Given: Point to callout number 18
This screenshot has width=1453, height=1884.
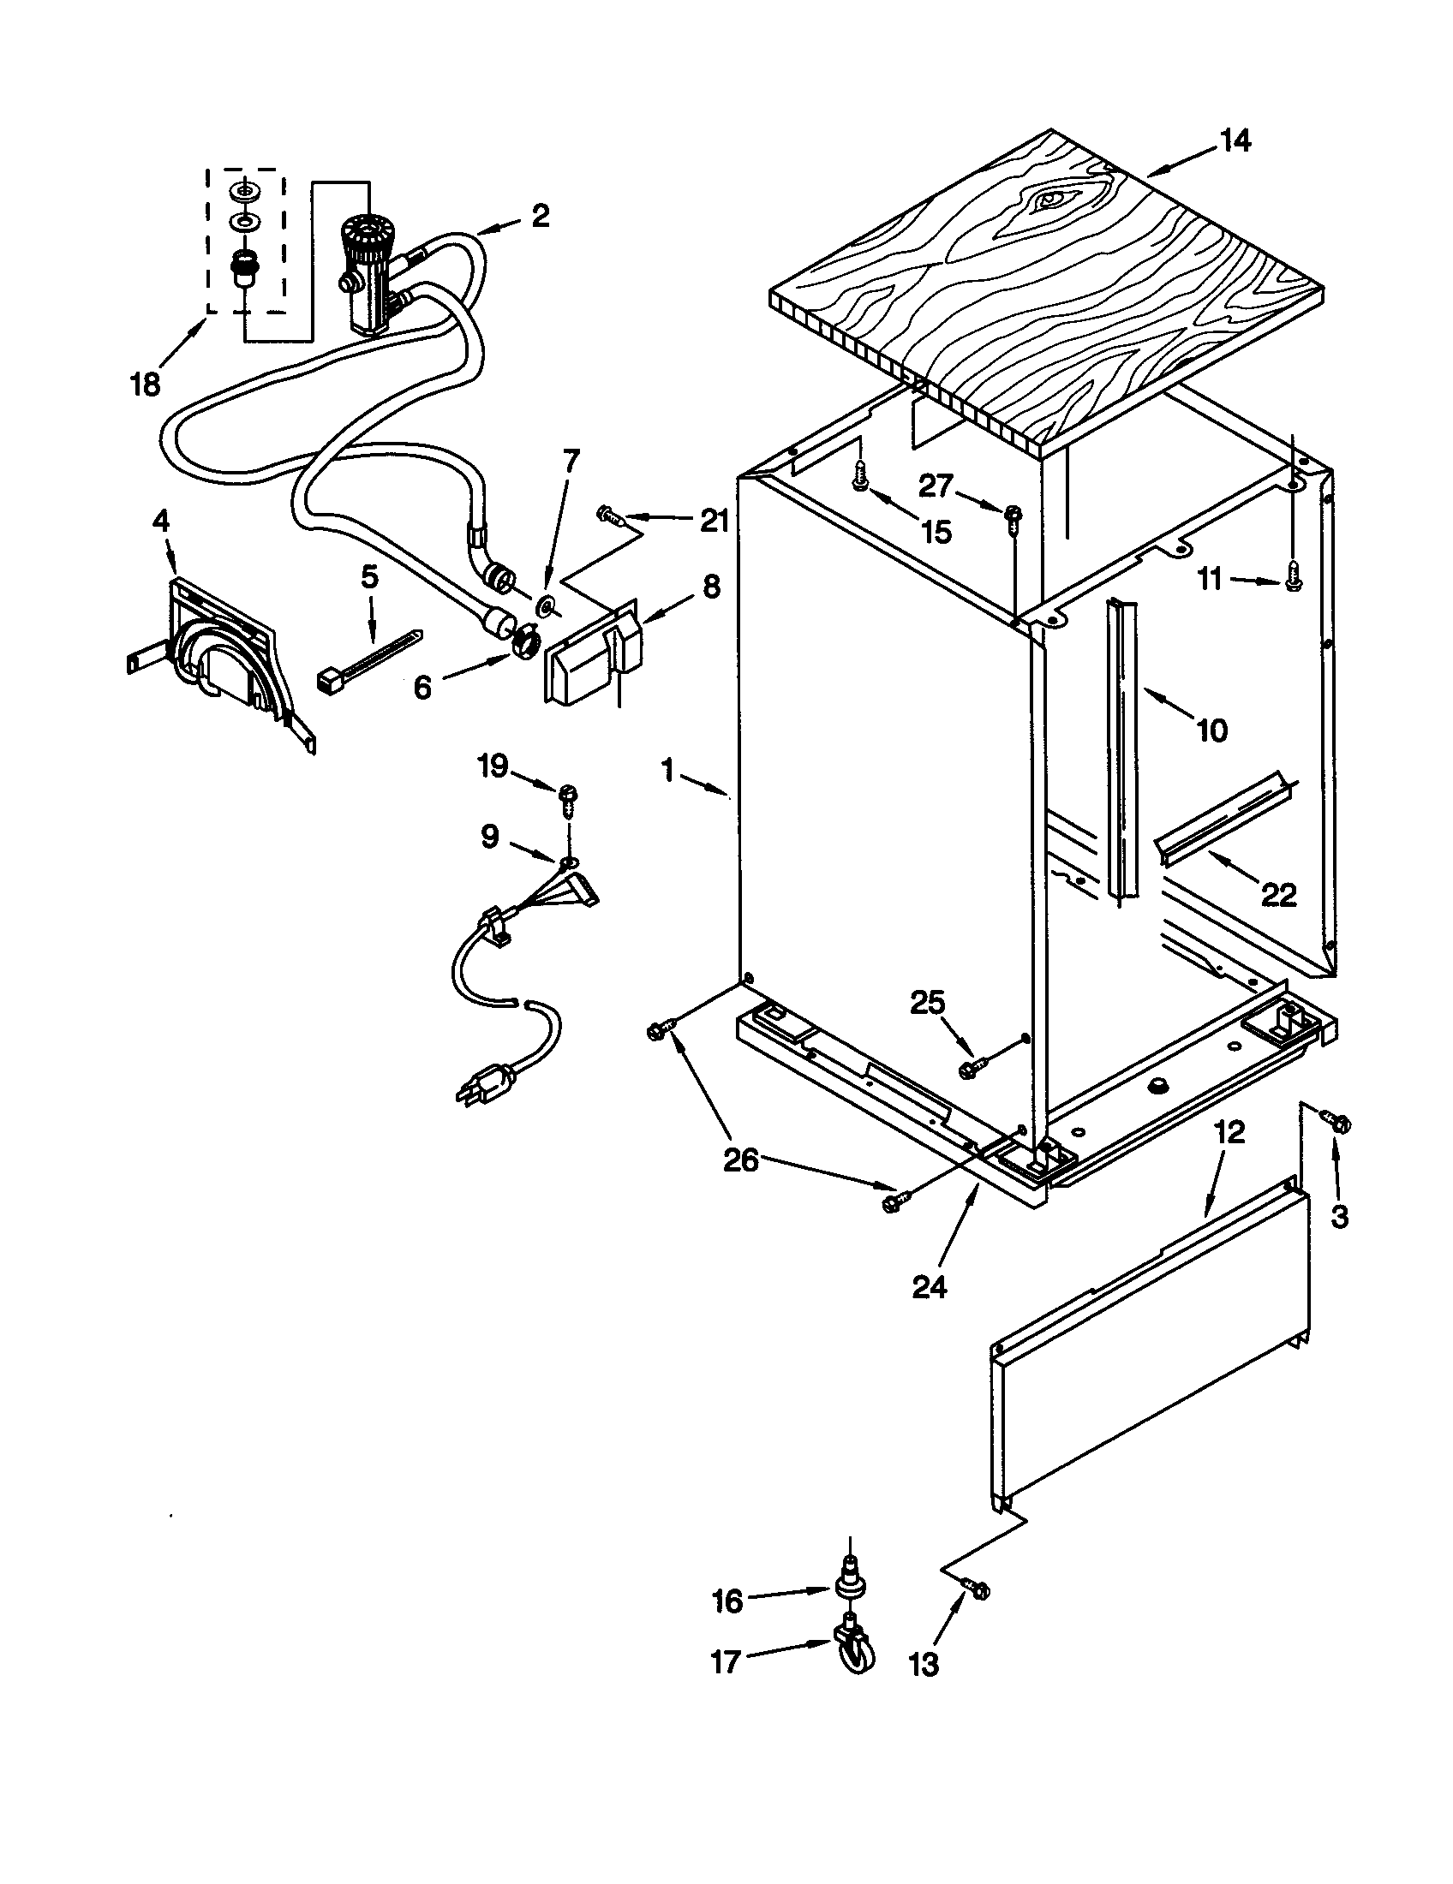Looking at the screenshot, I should pyautogui.click(x=145, y=384).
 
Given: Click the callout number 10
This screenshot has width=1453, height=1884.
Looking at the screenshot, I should pyautogui.click(x=1211, y=730).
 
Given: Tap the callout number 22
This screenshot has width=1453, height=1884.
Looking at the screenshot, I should pyautogui.click(x=1279, y=897).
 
